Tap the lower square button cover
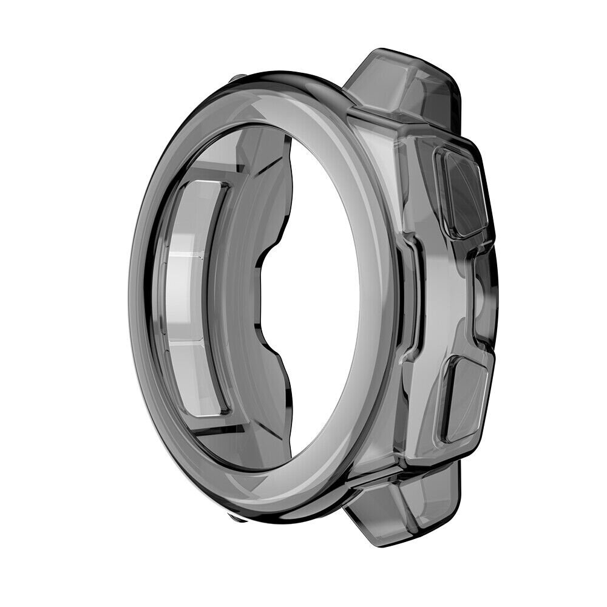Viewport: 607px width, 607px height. [x=466, y=398]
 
